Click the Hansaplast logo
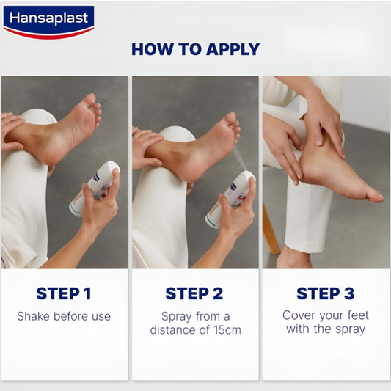(48, 22)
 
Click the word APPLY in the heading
(233, 49)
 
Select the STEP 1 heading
(64, 293)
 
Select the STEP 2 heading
(194, 293)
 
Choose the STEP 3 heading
(326, 293)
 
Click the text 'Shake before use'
(64, 316)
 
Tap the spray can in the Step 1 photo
(95, 189)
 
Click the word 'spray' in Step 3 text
(350, 329)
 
